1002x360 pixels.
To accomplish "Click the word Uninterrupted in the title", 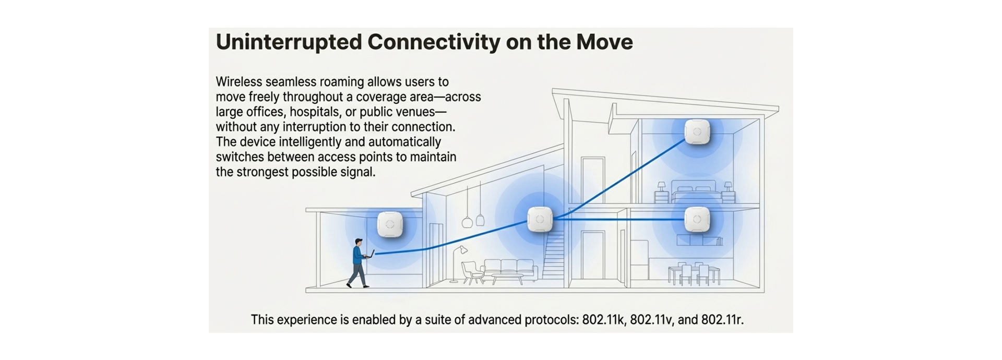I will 289,42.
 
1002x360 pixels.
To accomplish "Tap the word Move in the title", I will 604,42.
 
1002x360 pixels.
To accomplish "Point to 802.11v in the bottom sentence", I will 650,320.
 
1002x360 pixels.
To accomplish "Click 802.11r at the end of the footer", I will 721,320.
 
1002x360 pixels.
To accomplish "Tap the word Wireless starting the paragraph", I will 238,82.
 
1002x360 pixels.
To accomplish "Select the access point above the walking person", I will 389,224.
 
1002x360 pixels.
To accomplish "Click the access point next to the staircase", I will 540,219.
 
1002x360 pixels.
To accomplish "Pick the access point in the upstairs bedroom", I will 697,131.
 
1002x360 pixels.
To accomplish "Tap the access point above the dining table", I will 697,220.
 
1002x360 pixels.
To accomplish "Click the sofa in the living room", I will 510,270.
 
